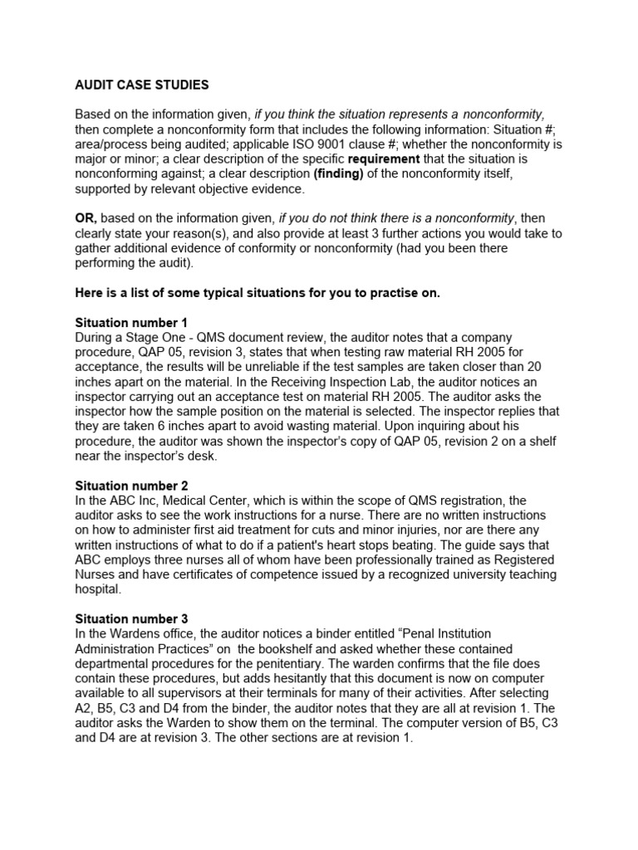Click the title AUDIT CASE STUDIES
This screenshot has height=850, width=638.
point(142,85)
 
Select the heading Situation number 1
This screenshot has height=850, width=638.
point(131,323)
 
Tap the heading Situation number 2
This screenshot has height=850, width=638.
point(131,486)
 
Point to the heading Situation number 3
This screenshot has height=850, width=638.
point(131,619)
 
